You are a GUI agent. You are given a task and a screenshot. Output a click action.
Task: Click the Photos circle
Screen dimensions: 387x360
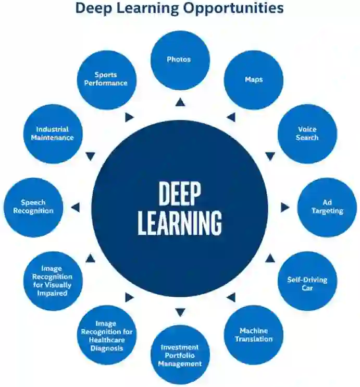[x=180, y=60]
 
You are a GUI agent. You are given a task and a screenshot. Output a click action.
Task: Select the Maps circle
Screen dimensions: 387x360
[x=254, y=80]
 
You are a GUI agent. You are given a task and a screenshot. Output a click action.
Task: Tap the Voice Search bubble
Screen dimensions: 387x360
[x=307, y=134]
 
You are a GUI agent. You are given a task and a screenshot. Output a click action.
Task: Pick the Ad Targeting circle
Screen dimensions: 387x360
[x=327, y=207]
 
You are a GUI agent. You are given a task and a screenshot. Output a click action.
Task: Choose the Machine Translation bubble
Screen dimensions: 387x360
[x=254, y=335]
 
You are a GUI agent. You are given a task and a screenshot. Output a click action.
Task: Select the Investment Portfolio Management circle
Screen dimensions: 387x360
[x=180, y=355]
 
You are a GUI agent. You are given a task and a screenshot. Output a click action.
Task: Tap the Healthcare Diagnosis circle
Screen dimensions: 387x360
[x=107, y=335]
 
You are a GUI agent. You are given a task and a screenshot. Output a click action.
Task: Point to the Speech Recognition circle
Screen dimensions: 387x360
[x=33, y=207]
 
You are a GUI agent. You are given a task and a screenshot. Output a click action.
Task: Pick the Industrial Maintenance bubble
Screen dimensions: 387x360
[x=53, y=134]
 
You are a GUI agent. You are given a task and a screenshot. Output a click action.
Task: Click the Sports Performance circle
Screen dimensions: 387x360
[x=107, y=80]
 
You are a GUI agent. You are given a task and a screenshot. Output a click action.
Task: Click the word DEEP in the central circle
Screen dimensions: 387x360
[x=179, y=194]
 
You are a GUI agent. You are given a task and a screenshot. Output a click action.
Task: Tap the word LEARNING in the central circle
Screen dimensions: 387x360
[x=179, y=223]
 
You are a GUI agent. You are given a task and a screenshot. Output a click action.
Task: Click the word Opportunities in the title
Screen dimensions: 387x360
[x=237, y=8]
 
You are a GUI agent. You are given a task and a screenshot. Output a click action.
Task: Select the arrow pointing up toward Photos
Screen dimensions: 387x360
[x=180, y=102]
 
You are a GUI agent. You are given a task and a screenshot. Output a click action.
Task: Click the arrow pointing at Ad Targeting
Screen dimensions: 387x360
[x=284, y=208]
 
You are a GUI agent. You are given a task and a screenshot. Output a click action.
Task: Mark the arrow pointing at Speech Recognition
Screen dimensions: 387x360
[x=76, y=208]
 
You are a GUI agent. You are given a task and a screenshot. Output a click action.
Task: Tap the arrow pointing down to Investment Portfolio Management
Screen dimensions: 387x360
[x=180, y=312]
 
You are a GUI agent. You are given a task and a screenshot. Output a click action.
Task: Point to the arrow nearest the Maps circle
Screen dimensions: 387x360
[x=231, y=117]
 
